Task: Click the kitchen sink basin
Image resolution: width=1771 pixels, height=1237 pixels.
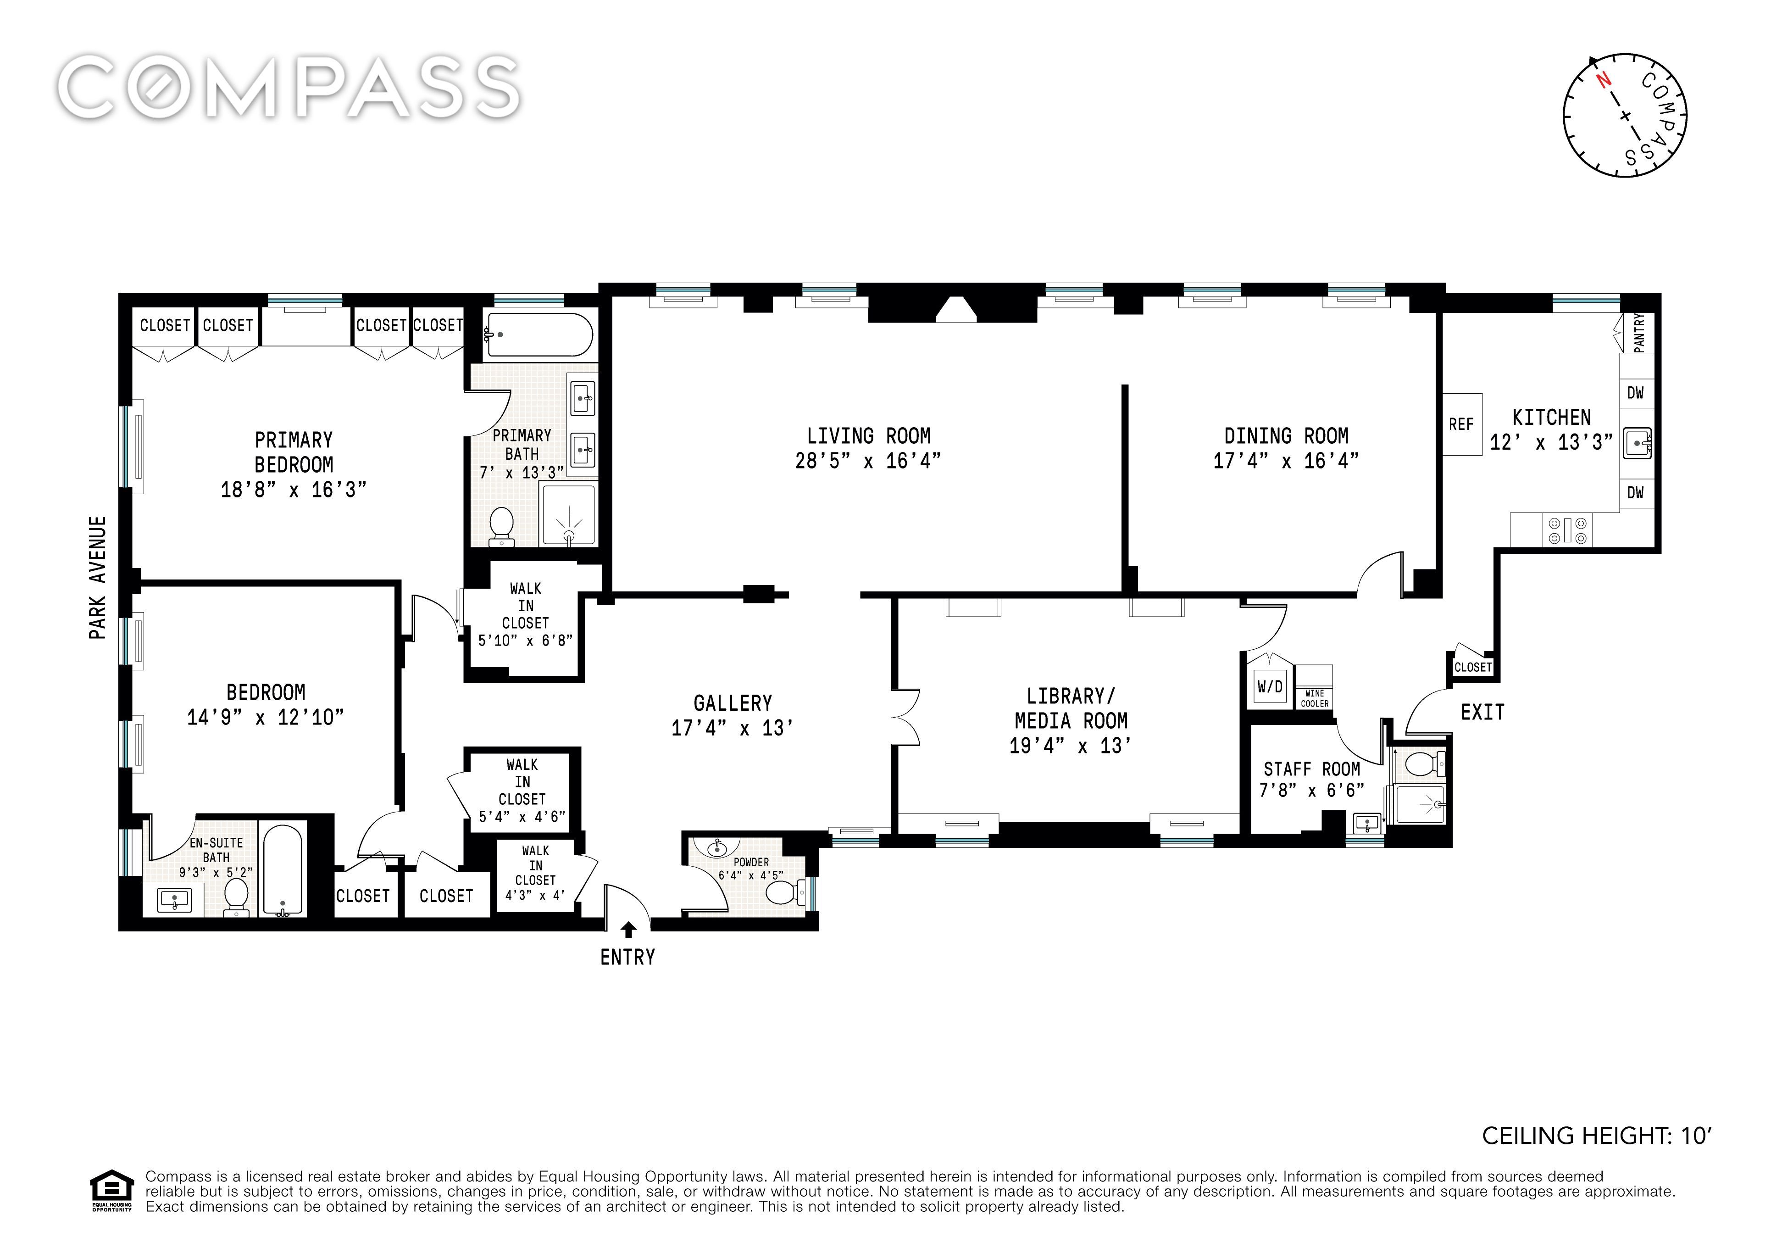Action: [1636, 443]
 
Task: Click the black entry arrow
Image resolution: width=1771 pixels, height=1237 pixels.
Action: [629, 930]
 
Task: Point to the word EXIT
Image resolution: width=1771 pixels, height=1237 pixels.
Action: [1482, 712]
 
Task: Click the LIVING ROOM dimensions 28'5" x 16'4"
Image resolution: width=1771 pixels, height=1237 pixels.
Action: [868, 461]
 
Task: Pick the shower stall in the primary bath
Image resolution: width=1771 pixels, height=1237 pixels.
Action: [569, 513]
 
